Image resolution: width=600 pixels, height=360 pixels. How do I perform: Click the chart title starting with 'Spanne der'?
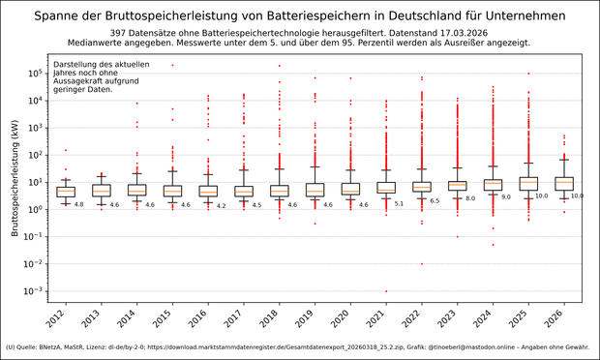coord(300,15)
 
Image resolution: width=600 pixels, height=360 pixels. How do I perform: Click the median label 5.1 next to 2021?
coord(399,204)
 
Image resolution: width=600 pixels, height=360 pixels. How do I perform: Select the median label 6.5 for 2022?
coord(435,201)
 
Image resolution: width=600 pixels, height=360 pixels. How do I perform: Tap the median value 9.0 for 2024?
coord(505,197)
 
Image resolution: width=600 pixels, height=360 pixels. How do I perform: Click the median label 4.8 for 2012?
coord(78,205)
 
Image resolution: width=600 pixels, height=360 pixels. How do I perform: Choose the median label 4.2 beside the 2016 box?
coord(221,206)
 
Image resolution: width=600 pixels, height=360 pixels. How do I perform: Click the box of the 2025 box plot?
coord(528,183)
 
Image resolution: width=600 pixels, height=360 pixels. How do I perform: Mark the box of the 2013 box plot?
coord(102,190)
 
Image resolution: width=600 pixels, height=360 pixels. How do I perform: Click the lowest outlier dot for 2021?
coord(386,291)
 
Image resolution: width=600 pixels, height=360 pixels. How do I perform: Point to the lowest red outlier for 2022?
coord(422,263)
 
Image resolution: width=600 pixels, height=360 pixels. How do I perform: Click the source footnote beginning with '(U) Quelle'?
coord(300,346)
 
